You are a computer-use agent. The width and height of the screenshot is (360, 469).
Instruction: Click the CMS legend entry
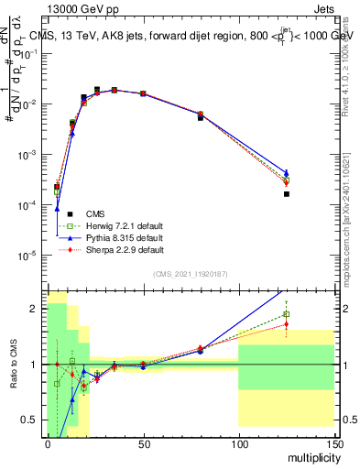[94, 213]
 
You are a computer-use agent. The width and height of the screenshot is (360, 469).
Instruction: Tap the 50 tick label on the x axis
[143, 443]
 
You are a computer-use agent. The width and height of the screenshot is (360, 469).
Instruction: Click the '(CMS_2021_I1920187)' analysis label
[191, 273]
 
